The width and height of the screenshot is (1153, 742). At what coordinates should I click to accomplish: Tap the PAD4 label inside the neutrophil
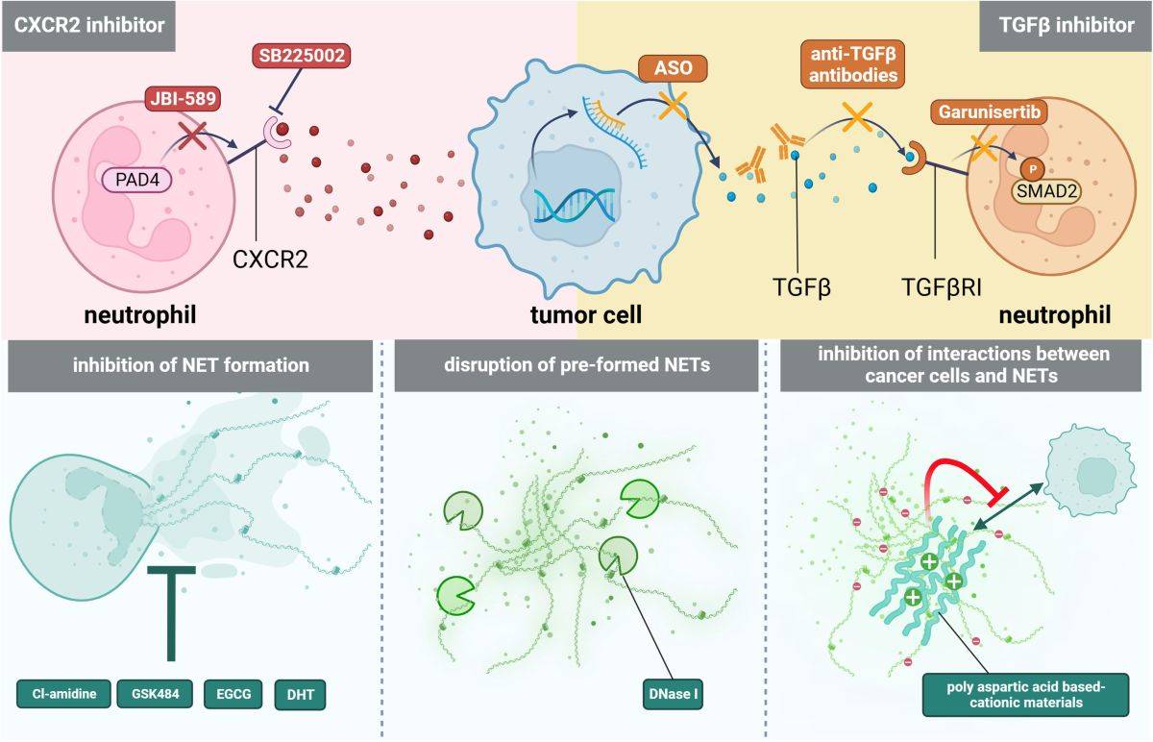point(135,179)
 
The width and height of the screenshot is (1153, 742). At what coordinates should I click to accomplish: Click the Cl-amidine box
point(62,693)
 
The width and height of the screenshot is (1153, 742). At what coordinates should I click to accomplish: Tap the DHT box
point(301,693)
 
